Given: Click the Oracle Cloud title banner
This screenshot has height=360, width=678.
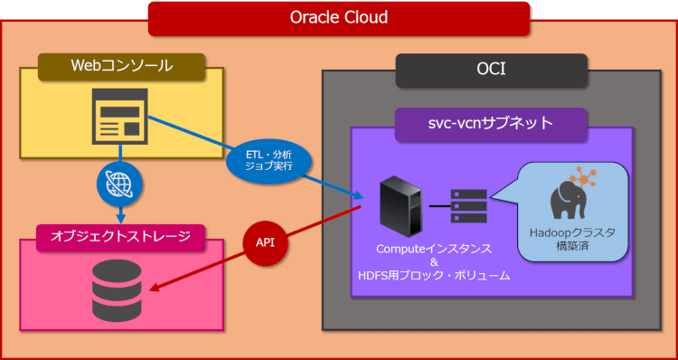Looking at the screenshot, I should coord(339,17).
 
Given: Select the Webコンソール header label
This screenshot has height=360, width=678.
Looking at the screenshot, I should coord(121,65).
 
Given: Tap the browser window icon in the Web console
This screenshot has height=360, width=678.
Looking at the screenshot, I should coord(120,117).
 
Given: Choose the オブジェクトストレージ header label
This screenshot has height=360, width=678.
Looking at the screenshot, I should coord(120,237).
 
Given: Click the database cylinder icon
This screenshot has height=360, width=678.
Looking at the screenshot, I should coord(117,292).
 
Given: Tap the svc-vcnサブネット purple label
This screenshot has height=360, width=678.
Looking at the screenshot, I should coord(491,123).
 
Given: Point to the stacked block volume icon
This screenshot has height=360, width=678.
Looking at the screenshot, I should coord(468,206).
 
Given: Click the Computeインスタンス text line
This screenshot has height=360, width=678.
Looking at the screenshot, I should coord(434,247).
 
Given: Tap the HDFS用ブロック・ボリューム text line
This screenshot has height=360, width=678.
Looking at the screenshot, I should coord(434,275).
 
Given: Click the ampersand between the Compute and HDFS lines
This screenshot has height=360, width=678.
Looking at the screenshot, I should coord(434,261).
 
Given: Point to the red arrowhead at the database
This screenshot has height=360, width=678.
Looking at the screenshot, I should coord(155,289).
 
